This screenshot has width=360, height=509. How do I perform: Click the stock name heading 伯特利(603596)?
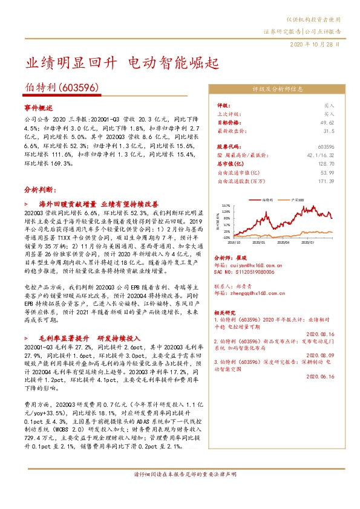pyautogui.click(x=61, y=88)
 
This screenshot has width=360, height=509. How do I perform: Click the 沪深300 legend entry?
pyautogui.click(x=298, y=199)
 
